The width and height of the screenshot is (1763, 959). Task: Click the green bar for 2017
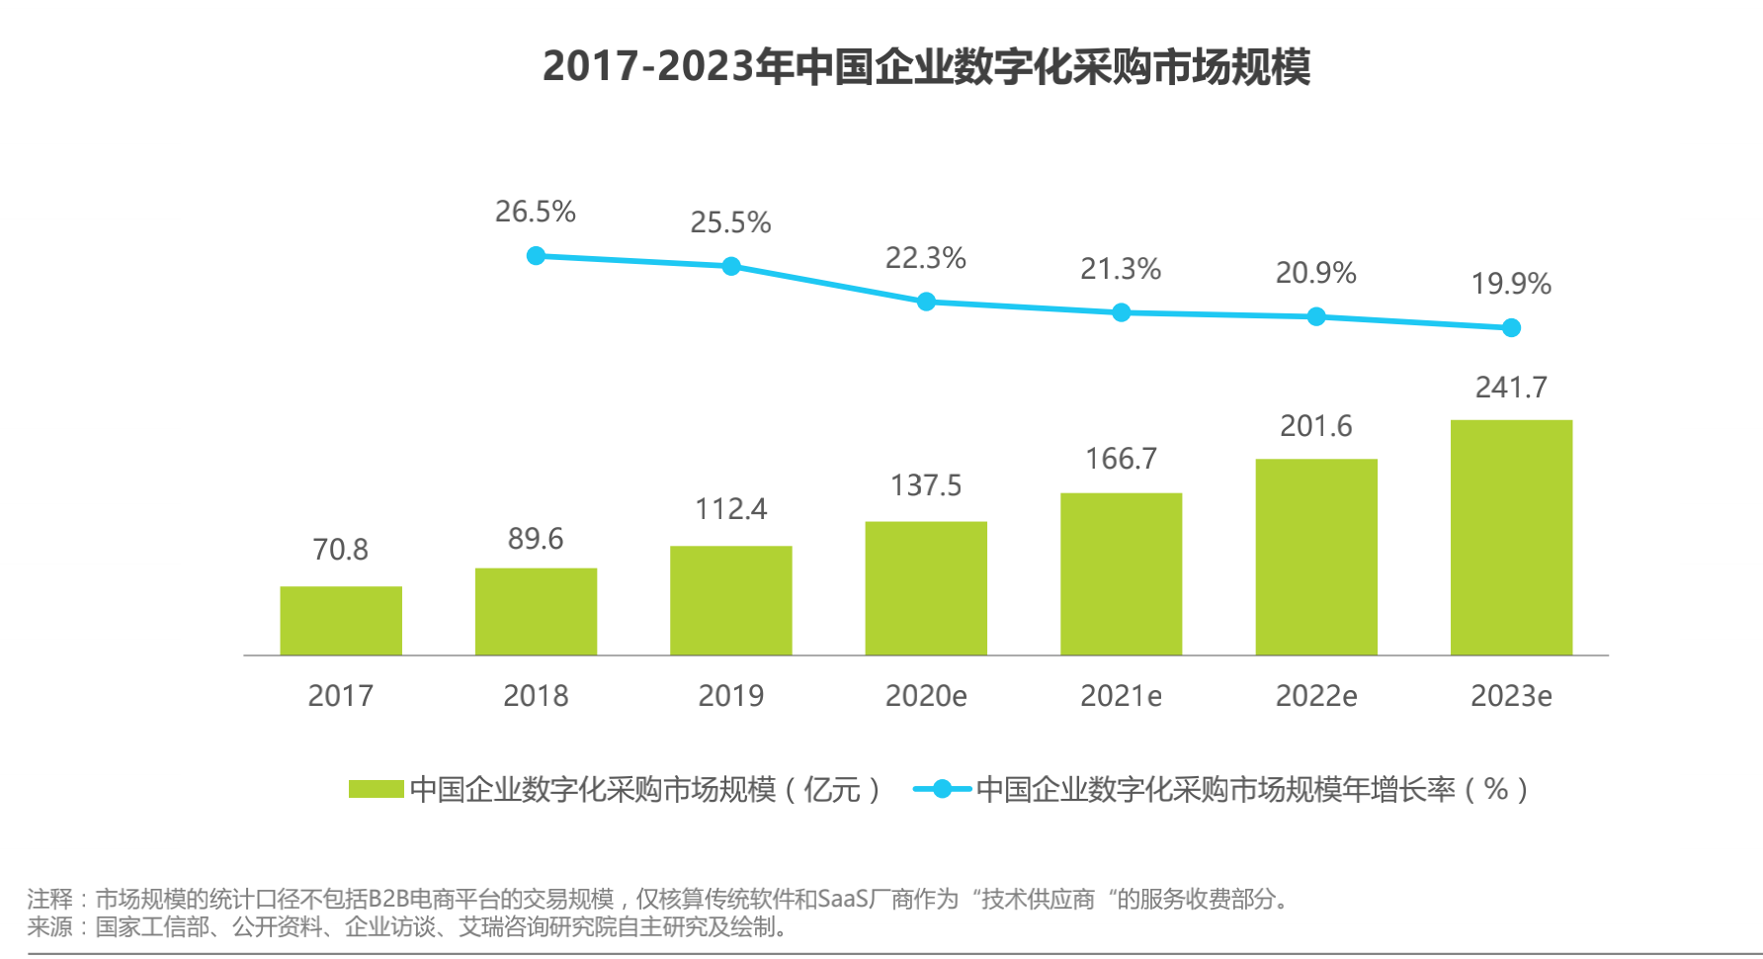(341, 621)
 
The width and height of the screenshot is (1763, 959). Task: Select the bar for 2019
(731, 600)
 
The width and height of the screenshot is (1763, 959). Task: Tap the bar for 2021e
(1121, 573)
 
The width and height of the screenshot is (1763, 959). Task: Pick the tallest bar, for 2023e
(1511, 537)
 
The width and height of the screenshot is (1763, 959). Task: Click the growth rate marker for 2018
(536, 256)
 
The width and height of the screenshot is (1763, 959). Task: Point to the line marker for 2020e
(926, 302)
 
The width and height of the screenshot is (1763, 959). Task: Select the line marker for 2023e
(1511, 328)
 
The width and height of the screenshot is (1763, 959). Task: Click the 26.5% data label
(536, 212)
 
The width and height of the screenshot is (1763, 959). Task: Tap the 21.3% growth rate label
(1121, 269)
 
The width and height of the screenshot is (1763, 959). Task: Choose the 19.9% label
(1511, 284)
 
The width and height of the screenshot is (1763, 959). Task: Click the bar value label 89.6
(536, 539)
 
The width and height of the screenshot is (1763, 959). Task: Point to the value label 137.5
(926, 485)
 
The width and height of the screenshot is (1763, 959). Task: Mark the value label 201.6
(1316, 426)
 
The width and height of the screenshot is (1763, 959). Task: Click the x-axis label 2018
(536, 696)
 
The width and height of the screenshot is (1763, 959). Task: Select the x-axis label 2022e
(1316, 696)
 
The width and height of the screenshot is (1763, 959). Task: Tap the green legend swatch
(377, 789)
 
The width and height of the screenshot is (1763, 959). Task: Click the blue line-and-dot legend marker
(942, 789)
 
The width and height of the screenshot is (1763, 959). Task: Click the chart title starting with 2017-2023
(926, 66)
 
